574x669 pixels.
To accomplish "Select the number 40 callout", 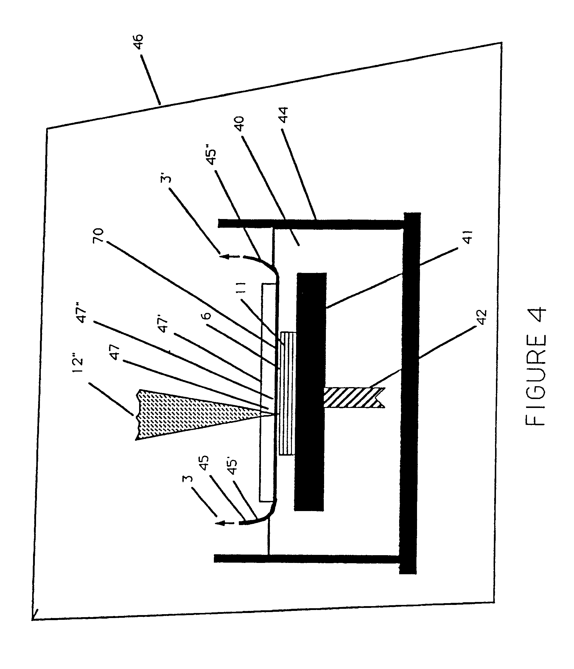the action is [x=239, y=124].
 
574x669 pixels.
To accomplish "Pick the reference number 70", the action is [x=98, y=236].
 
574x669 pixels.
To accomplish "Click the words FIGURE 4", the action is [x=536, y=366].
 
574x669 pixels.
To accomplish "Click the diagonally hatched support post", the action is [x=354, y=397].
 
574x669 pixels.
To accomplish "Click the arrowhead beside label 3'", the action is [x=224, y=257].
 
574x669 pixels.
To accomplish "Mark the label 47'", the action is [x=163, y=325].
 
